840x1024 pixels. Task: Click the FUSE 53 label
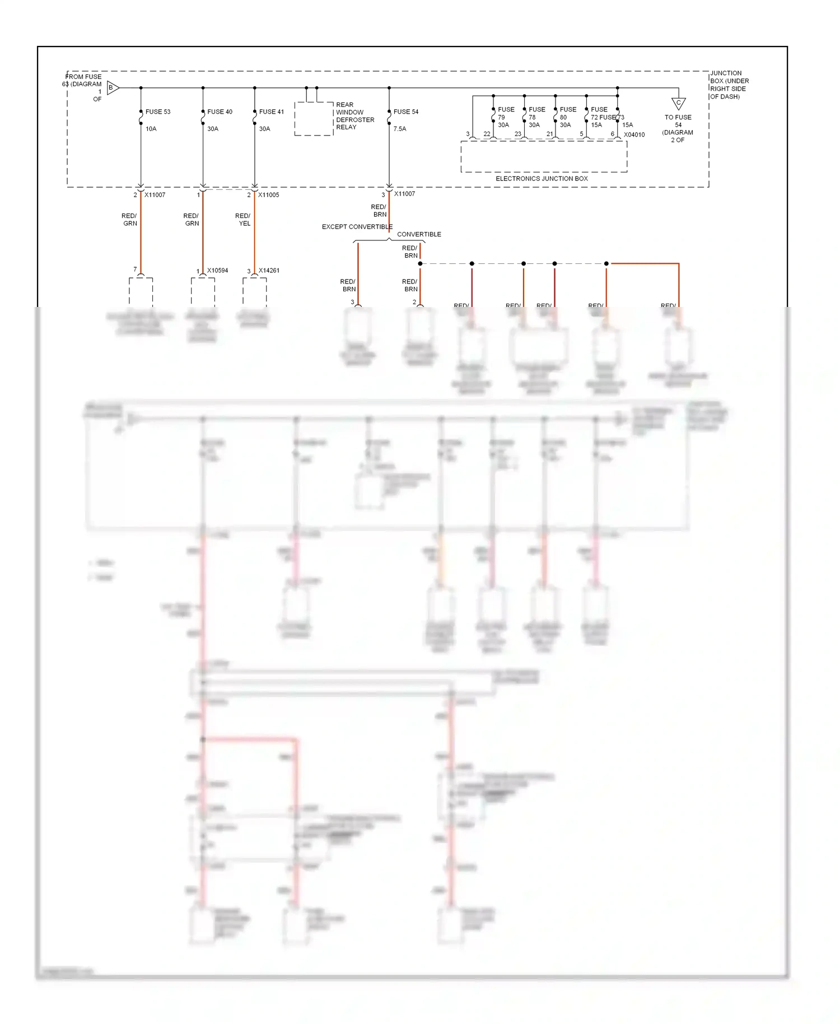[158, 112]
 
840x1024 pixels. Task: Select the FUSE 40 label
[220, 112]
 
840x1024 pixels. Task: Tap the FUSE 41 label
[272, 112]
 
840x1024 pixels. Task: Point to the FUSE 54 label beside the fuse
[406, 112]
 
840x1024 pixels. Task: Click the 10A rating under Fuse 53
[151, 129]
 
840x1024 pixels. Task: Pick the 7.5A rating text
[400, 129]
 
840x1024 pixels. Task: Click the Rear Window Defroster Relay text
[354, 116]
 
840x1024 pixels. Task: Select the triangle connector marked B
[113, 87]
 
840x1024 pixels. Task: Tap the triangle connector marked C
[678, 104]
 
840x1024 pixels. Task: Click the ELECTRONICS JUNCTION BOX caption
[542, 179]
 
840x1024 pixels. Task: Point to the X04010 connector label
[634, 135]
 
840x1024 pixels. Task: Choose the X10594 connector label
[217, 271]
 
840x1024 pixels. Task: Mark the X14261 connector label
[269, 271]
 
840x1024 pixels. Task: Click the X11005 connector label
[268, 195]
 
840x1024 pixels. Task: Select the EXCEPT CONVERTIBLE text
[357, 227]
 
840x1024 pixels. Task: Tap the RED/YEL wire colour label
[243, 220]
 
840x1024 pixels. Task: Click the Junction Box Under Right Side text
[729, 85]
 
